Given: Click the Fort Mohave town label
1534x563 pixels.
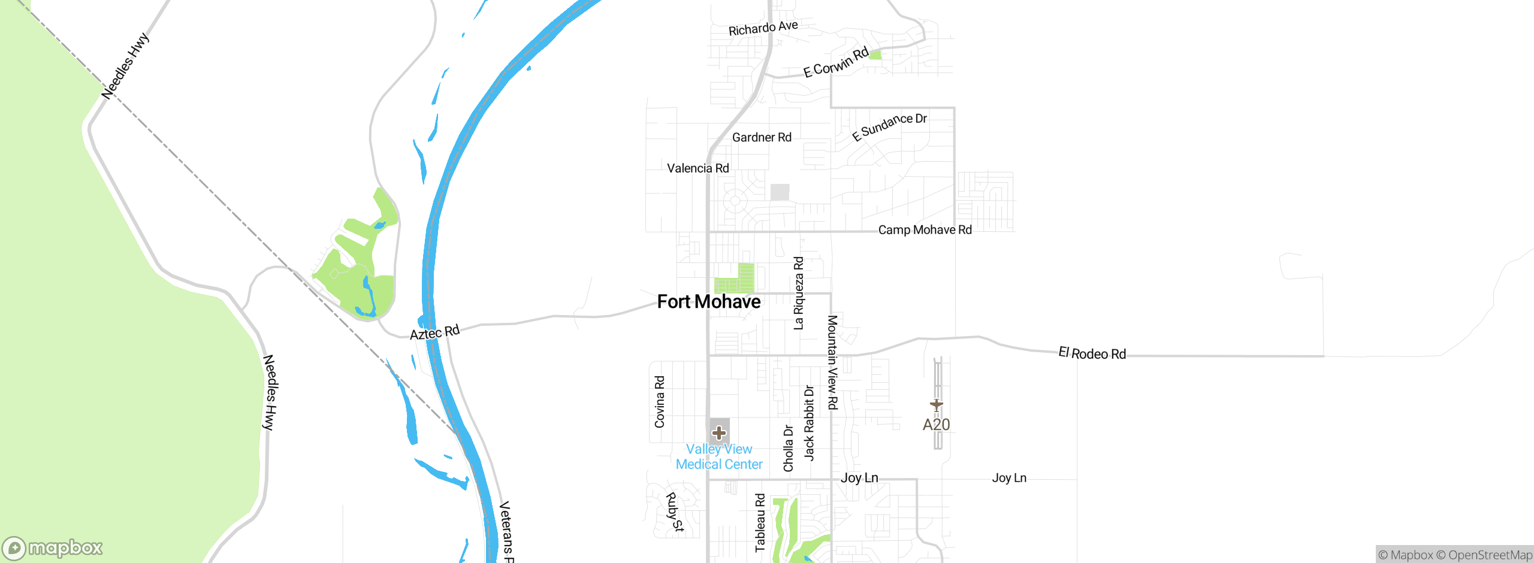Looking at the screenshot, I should tap(709, 302).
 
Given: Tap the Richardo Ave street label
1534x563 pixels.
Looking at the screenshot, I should tap(763, 28).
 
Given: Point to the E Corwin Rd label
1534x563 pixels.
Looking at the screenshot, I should tap(836, 62).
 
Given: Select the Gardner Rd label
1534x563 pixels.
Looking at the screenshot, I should tap(762, 138).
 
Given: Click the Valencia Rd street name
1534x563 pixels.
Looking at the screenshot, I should tap(698, 168).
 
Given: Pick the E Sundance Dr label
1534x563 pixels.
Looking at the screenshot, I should tap(889, 127).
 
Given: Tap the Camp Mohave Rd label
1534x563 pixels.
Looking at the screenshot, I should tap(925, 230).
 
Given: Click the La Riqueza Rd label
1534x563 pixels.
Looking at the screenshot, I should tap(798, 293).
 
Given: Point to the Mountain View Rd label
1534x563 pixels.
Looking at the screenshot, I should tap(832, 362).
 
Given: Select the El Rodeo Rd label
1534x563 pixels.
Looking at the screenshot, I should tap(1092, 353).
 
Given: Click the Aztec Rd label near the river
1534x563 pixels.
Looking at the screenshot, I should tap(434, 332).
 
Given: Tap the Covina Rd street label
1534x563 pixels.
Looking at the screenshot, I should tap(660, 402).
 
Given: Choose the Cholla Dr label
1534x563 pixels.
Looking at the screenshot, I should tap(789, 448).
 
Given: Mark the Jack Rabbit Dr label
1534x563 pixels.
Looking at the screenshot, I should tap(809, 423).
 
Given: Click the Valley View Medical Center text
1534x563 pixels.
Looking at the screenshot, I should tap(719, 457).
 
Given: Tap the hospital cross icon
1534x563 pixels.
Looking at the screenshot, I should tap(719, 432).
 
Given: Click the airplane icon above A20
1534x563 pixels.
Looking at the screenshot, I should tap(936, 405).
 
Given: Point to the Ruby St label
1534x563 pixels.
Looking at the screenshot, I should tap(675, 512).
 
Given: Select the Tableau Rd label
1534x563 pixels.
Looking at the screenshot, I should tap(760, 522).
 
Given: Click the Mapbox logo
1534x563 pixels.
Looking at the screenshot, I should tap(53, 548).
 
